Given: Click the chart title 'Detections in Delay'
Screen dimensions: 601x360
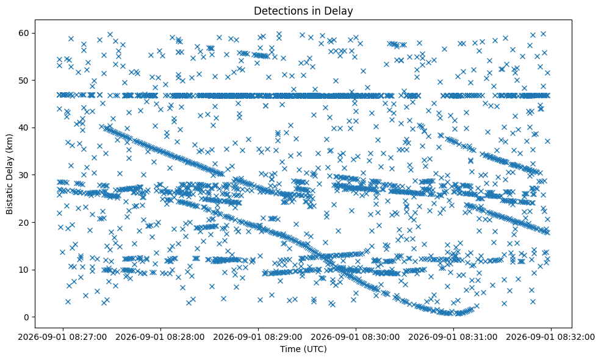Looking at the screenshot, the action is click(303, 11).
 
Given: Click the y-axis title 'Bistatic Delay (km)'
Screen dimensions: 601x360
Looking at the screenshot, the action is click(9, 174).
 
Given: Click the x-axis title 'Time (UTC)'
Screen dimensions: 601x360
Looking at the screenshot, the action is click(303, 349).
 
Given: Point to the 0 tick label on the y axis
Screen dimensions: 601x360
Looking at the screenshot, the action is click(27, 317).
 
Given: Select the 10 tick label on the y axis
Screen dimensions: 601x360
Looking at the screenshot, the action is click(24, 270).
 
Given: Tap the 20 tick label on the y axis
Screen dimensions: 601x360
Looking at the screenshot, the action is click(24, 222).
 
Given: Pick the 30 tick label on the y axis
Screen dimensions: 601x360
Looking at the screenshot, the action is click(24, 175).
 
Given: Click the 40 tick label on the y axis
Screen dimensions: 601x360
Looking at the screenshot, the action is click(24, 128).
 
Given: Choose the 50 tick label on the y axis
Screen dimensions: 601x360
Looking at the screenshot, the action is click(24, 81).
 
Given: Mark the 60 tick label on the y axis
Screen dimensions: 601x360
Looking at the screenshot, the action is click(24, 33).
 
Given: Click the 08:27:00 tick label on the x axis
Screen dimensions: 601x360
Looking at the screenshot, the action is click(63, 337).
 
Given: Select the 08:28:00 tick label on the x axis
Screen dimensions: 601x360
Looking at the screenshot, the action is click(160, 337).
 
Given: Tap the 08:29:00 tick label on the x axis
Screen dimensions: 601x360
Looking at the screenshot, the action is click(258, 337).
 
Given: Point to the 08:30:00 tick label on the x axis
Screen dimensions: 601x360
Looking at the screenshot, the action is click(356, 337).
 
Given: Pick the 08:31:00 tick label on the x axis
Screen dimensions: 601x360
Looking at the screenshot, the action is click(453, 337).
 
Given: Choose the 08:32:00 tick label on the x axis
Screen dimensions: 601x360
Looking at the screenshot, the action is click(551, 337).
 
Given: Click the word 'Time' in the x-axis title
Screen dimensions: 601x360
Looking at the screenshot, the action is click(290, 349).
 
